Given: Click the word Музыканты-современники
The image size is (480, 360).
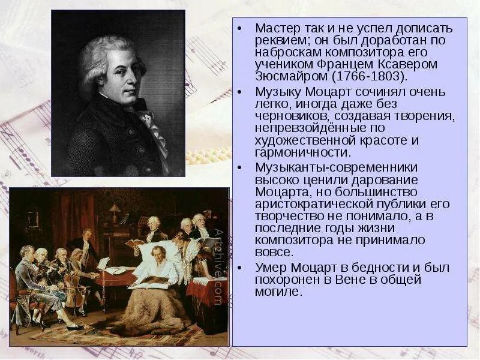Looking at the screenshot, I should tap(328, 167).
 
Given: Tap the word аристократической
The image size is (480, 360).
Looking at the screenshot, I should tap(310, 204).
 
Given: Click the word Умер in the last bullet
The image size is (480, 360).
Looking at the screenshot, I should tap(269, 268).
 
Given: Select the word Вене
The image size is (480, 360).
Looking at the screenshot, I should tap(343, 280).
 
